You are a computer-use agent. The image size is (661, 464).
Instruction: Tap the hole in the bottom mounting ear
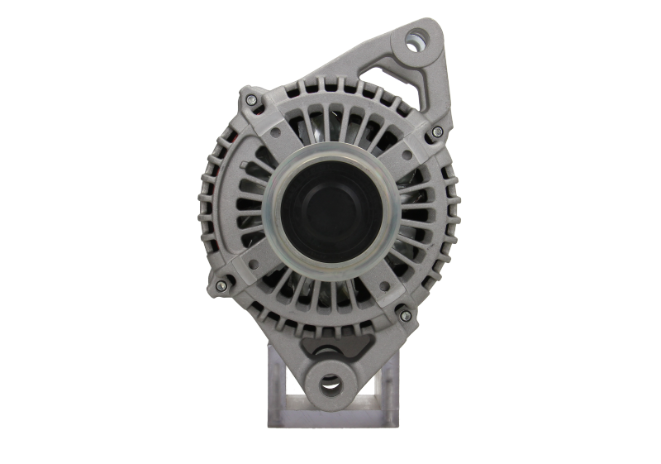pyautogui.click(x=329, y=383)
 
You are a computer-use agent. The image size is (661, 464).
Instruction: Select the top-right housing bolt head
pyautogui.click(x=437, y=132)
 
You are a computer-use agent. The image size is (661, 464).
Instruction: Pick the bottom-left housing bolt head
pyautogui.click(x=220, y=285)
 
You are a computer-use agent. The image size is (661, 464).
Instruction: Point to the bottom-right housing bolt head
pyautogui.click(x=404, y=315)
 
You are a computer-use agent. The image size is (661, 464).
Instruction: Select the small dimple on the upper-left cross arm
pyautogui.click(x=270, y=130)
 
